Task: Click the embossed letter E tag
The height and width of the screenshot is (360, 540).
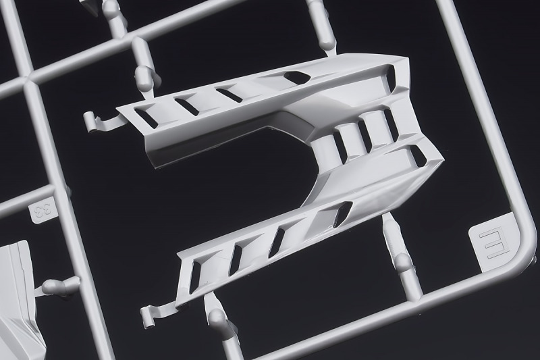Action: pos(491,241)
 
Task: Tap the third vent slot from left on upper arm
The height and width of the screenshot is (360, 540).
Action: pos(229,94)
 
